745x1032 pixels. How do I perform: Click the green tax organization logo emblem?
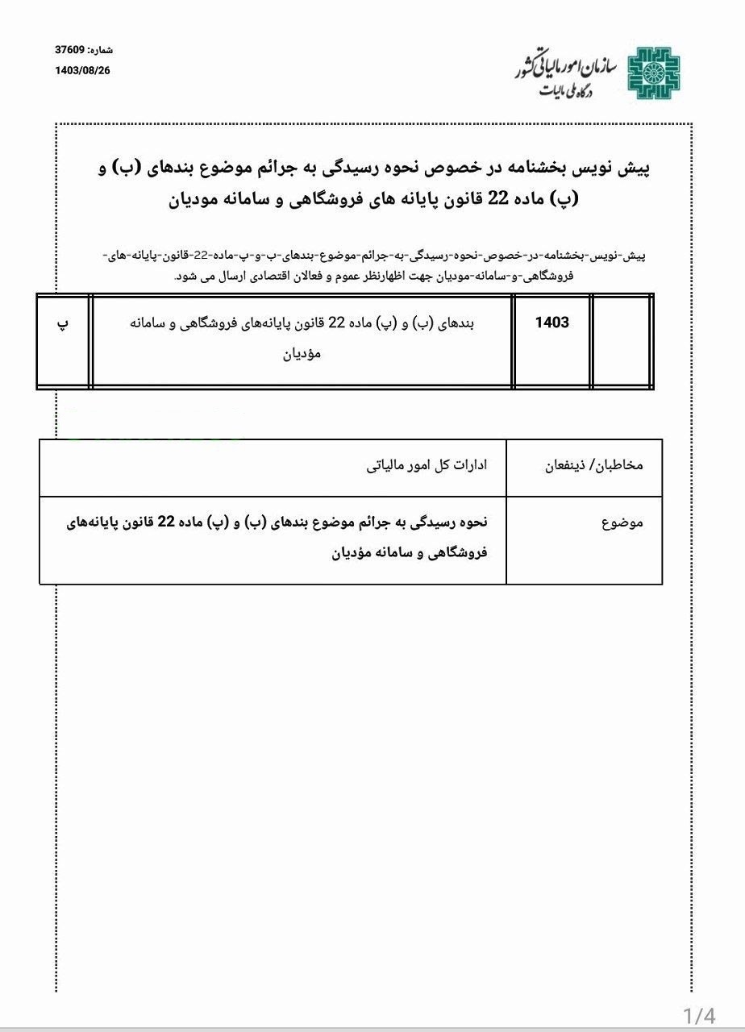point(654,73)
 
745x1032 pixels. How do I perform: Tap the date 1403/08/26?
point(82,70)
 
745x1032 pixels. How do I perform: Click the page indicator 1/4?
point(699,1014)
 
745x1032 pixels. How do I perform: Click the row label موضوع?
point(622,522)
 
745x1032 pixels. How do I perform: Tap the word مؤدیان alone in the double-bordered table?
point(302,353)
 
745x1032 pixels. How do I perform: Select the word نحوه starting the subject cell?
point(468,522)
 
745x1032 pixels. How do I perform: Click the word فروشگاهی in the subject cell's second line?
point(460,554)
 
